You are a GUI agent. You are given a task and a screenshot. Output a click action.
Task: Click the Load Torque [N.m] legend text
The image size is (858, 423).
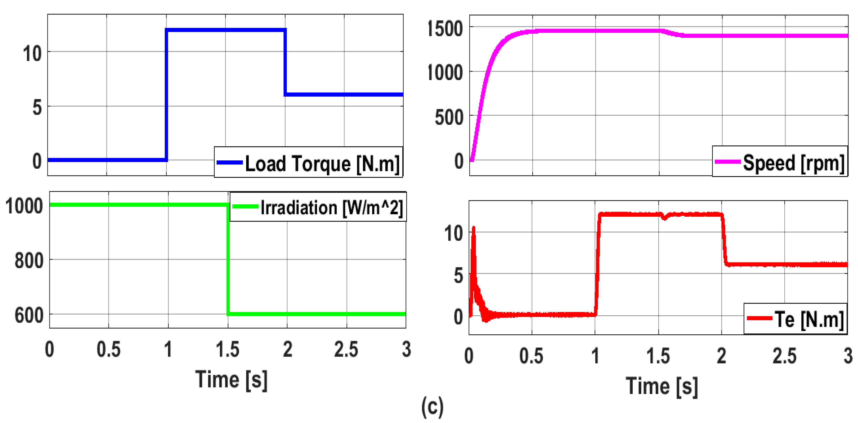[x=322, y=163]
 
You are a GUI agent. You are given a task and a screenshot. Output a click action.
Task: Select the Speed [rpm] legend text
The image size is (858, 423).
[x=794, y=163]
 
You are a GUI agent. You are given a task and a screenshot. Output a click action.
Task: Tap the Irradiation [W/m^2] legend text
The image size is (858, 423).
[x=332, y=208]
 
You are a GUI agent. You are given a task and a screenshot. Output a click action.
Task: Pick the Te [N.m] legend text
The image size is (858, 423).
[x=809, y=319]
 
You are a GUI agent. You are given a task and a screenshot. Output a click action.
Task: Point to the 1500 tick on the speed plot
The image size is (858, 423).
[x=445, y=28]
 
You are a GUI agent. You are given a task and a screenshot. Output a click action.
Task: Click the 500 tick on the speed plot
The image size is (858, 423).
[x=449, y=117]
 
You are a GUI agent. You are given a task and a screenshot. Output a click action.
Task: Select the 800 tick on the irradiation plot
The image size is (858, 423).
[x=29, y=260]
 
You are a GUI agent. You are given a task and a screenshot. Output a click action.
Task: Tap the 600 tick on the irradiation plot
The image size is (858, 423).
[x=29, y=315]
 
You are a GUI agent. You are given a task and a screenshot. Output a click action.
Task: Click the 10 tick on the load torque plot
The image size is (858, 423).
[x=32, y=53]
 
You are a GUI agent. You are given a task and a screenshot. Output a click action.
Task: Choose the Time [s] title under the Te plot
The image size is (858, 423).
[x=661, y=386]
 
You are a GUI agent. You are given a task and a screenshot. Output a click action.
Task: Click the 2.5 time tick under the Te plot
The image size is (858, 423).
[x=784, y=356]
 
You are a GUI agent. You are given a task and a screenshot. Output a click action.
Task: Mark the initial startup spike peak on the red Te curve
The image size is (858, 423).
[x=473, y=228]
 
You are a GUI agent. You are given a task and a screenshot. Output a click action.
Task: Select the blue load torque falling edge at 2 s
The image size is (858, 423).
[x=285, y=62]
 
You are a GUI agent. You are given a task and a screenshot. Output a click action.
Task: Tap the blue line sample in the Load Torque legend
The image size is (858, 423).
[x=229, y=163]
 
